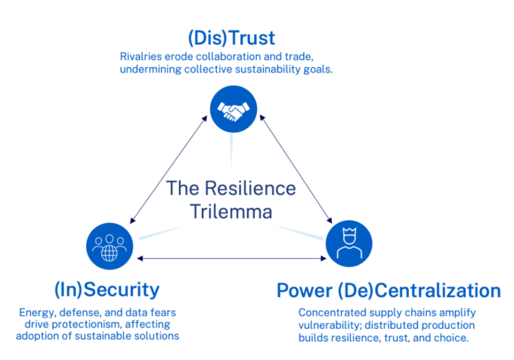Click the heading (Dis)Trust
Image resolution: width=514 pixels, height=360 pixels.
pos(231,37)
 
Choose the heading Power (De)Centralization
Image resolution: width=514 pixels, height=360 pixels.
pos(389,290)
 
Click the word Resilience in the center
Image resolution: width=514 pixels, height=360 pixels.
pos(253,187)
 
